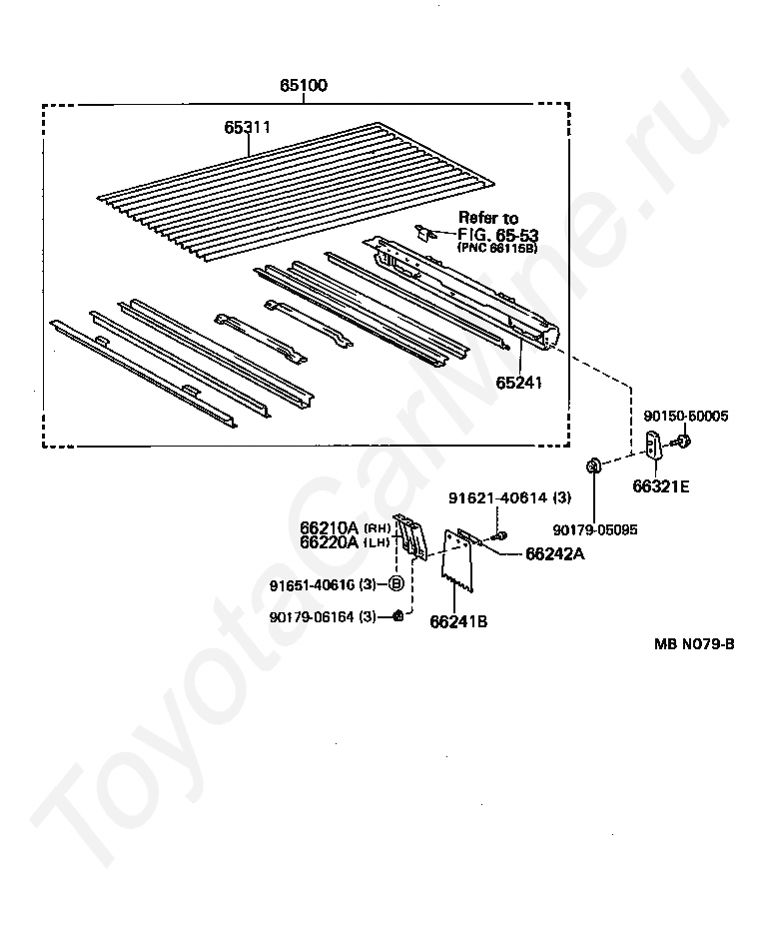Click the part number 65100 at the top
304,87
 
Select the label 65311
248,128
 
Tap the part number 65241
519,382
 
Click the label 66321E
660,487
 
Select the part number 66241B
458,621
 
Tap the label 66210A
329,527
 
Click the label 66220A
329,542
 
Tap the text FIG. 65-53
495,234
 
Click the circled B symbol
395,584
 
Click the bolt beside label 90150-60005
683,439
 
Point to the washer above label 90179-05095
592,464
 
